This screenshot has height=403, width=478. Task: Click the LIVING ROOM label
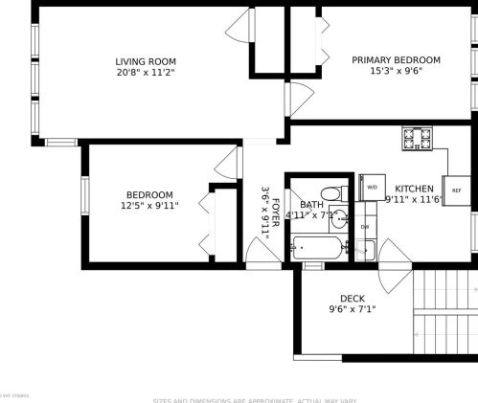tap(146, 60)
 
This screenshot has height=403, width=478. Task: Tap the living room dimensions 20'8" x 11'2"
tap(146, 72)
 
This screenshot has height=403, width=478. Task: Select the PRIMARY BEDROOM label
tap(396, 60)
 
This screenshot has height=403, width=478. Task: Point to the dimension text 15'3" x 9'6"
tap(396, 72)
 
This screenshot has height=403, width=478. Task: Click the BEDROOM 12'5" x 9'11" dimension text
tap(150, 206)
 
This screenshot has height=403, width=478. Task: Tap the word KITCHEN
tap(415, 189)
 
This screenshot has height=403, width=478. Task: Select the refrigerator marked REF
tap(456, 190)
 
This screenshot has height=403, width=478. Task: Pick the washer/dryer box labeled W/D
tap(371, 187)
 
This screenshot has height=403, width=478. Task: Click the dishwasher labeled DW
tap(365, 226)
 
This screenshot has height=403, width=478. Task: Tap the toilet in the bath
tap(332, 193)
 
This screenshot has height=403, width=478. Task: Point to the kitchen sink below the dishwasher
tap(364, 251)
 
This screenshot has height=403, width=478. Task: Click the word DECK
tap(353, 299)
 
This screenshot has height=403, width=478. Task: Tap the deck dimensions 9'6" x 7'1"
tap(353, 310)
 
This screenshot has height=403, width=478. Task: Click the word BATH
tap(311, 205)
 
